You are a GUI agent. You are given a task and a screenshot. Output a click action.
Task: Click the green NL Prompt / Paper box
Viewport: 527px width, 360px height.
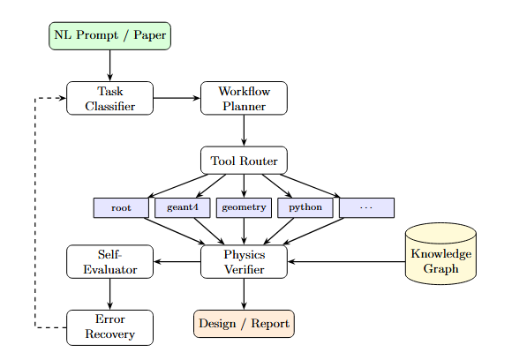pos(109,35)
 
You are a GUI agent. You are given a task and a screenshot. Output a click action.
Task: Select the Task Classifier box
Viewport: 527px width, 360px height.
pos(109,98)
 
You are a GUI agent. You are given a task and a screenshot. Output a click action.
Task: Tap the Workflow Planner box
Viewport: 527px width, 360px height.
pos(244,98)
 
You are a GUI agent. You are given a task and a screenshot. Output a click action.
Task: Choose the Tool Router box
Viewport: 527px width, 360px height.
pos(244,161)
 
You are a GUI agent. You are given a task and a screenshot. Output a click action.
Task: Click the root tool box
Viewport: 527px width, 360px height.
pos(122,208)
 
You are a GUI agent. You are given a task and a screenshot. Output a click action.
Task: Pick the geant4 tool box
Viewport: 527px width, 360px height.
pos(182,208)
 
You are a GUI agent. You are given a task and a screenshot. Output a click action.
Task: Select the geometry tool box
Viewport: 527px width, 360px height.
pos(244,208)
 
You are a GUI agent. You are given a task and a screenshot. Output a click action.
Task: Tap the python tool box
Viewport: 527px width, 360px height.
pos(305,208)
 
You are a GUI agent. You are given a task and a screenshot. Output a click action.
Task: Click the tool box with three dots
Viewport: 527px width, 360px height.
pos(366,208)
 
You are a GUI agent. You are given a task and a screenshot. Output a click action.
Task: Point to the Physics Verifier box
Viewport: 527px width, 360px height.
pos(244,261)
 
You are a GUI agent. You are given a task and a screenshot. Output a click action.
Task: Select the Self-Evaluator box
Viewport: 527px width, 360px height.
pos(109,261)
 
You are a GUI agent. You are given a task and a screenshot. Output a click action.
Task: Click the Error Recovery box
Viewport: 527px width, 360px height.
pos(109,327)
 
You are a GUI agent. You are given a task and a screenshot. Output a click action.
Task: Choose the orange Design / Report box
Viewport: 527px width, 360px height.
pos(244,324)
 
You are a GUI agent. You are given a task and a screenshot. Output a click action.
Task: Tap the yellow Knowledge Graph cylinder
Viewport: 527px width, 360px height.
pos(440,256)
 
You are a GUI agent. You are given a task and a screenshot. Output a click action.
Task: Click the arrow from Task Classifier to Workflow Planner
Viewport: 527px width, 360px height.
pos(177,98)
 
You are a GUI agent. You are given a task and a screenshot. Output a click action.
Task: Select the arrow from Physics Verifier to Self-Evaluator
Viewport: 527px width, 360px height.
pos(177,261)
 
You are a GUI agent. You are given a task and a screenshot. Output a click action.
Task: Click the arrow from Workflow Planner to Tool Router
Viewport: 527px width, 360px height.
pos(244,130)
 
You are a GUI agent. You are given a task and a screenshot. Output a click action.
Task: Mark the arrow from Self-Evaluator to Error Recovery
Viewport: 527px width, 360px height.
pos(109,294)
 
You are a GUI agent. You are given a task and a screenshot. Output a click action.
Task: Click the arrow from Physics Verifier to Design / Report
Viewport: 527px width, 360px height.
pos(244,294)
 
